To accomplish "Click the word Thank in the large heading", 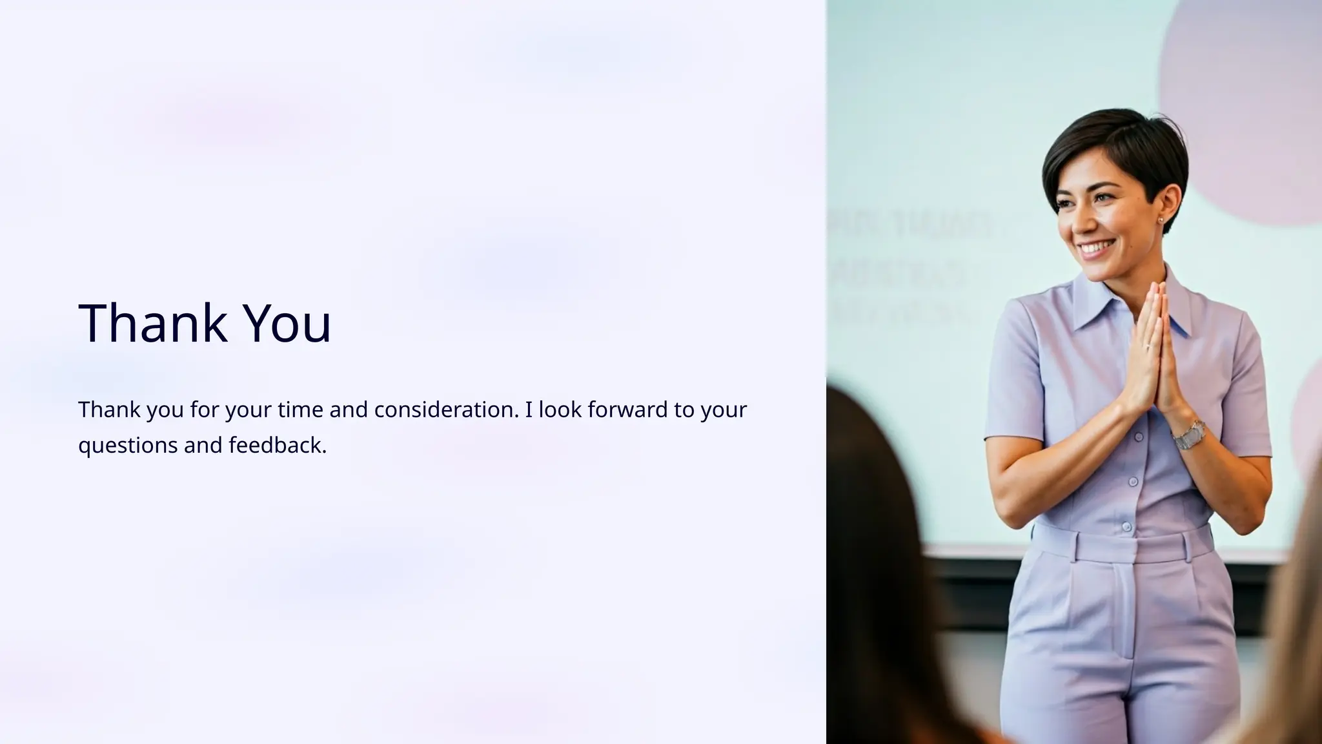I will (152, 323).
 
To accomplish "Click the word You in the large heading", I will (287, 323).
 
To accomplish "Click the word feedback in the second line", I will (278, 445).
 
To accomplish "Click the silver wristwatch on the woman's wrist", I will (1188, 435).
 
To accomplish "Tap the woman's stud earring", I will (1161, 220).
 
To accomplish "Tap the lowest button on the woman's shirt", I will (1126, 526).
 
